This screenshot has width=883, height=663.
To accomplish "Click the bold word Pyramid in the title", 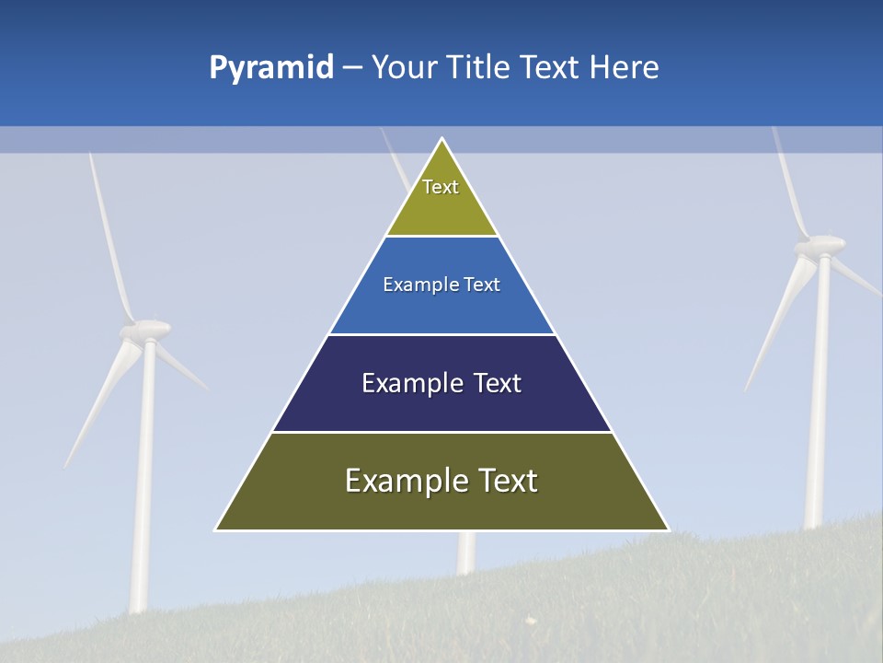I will click(x=271, y=68).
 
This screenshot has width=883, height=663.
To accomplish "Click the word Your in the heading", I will click(x=404, y=67).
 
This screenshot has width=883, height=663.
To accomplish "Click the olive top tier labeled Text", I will click(x=441, y=198).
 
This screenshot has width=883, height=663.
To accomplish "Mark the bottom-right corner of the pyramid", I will click(x=667, y=529).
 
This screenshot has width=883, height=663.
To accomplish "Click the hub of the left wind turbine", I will click(x=147, y=329).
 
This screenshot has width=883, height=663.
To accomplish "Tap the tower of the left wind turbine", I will click(x=143, y=479).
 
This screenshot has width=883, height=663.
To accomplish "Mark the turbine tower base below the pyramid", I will click(x=466, y=552).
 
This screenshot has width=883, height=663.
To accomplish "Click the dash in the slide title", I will click(x=352, y=68).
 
